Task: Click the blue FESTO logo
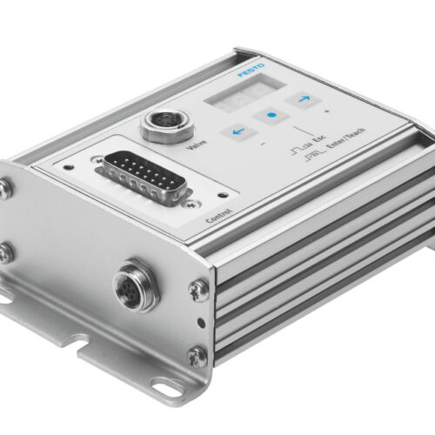click(251, 70)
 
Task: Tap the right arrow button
click(304, 99)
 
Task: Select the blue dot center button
click(271, 116)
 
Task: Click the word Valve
click(197, 144)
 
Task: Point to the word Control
click(219, 216)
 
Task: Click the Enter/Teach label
click(345, 137)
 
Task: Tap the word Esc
click(318, 139)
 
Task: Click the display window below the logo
click(245, 90)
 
